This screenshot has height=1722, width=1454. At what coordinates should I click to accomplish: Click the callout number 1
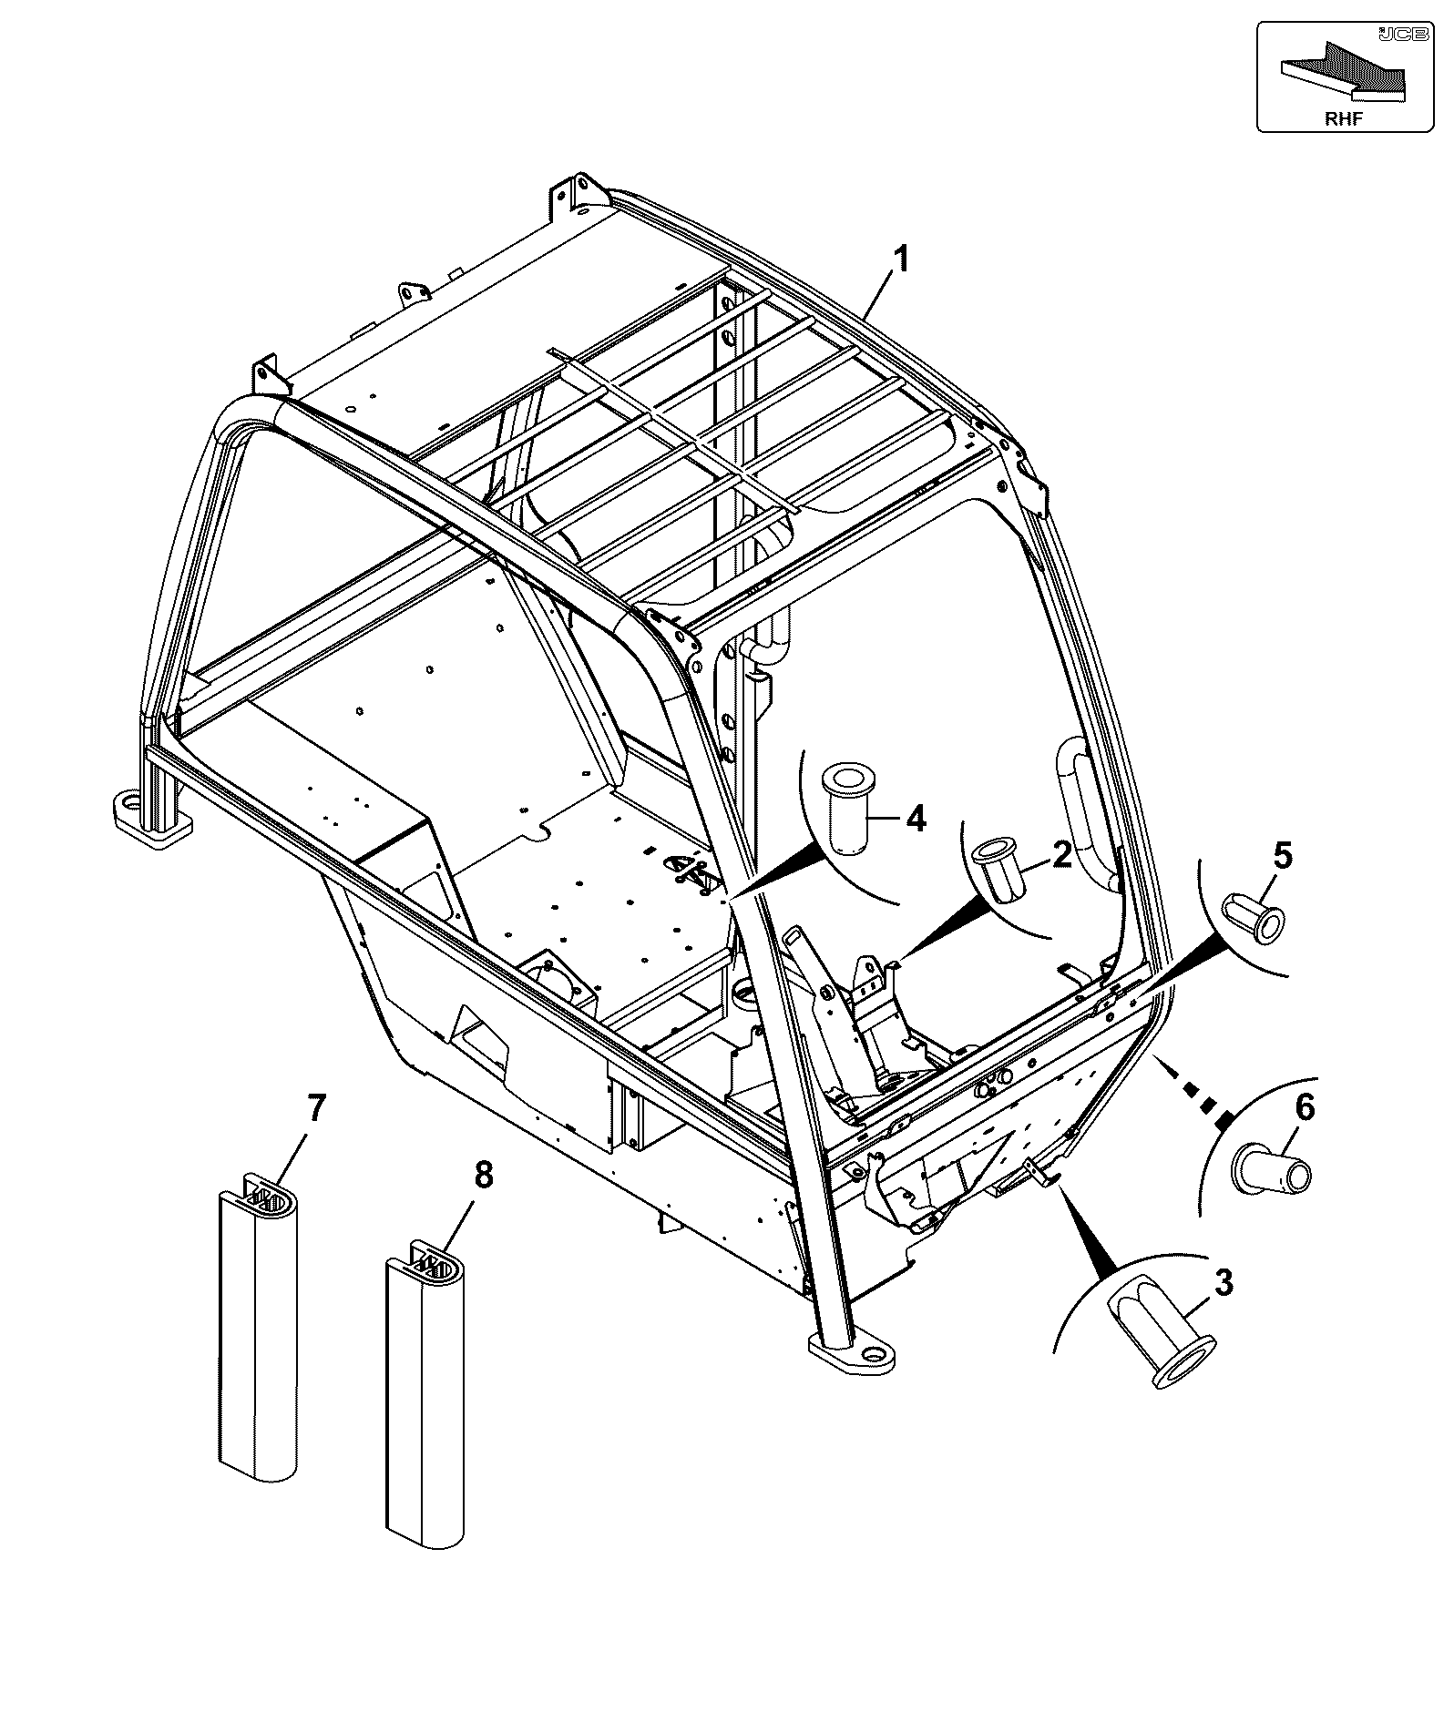[x=900, y=260]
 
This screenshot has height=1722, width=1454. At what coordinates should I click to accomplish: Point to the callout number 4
[x=916, y=818]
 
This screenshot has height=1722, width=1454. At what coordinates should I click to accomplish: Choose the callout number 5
[x=1282, y=855]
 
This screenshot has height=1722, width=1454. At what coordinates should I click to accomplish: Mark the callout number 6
[x=1305, y=1108]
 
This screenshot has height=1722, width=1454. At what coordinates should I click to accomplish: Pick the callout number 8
[x=483, y=1176]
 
